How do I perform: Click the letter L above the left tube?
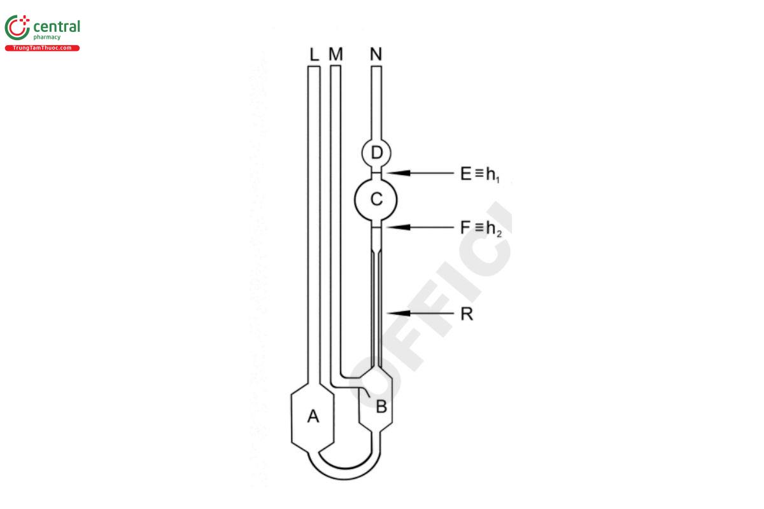coord(313,55)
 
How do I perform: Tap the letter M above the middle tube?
coord(336,55)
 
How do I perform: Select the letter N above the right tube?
coord(376,55)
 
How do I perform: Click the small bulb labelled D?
coord(376,153)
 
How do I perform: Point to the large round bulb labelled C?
coord(376,200)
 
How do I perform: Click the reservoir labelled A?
coord(313,417)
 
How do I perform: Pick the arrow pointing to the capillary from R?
coord(420,313)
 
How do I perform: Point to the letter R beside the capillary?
coord(467,314)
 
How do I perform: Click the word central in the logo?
coord(56,27)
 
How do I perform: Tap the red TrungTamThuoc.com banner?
coord(42,48)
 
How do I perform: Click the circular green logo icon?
coord(17,28)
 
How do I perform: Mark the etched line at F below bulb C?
coord(376,227)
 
